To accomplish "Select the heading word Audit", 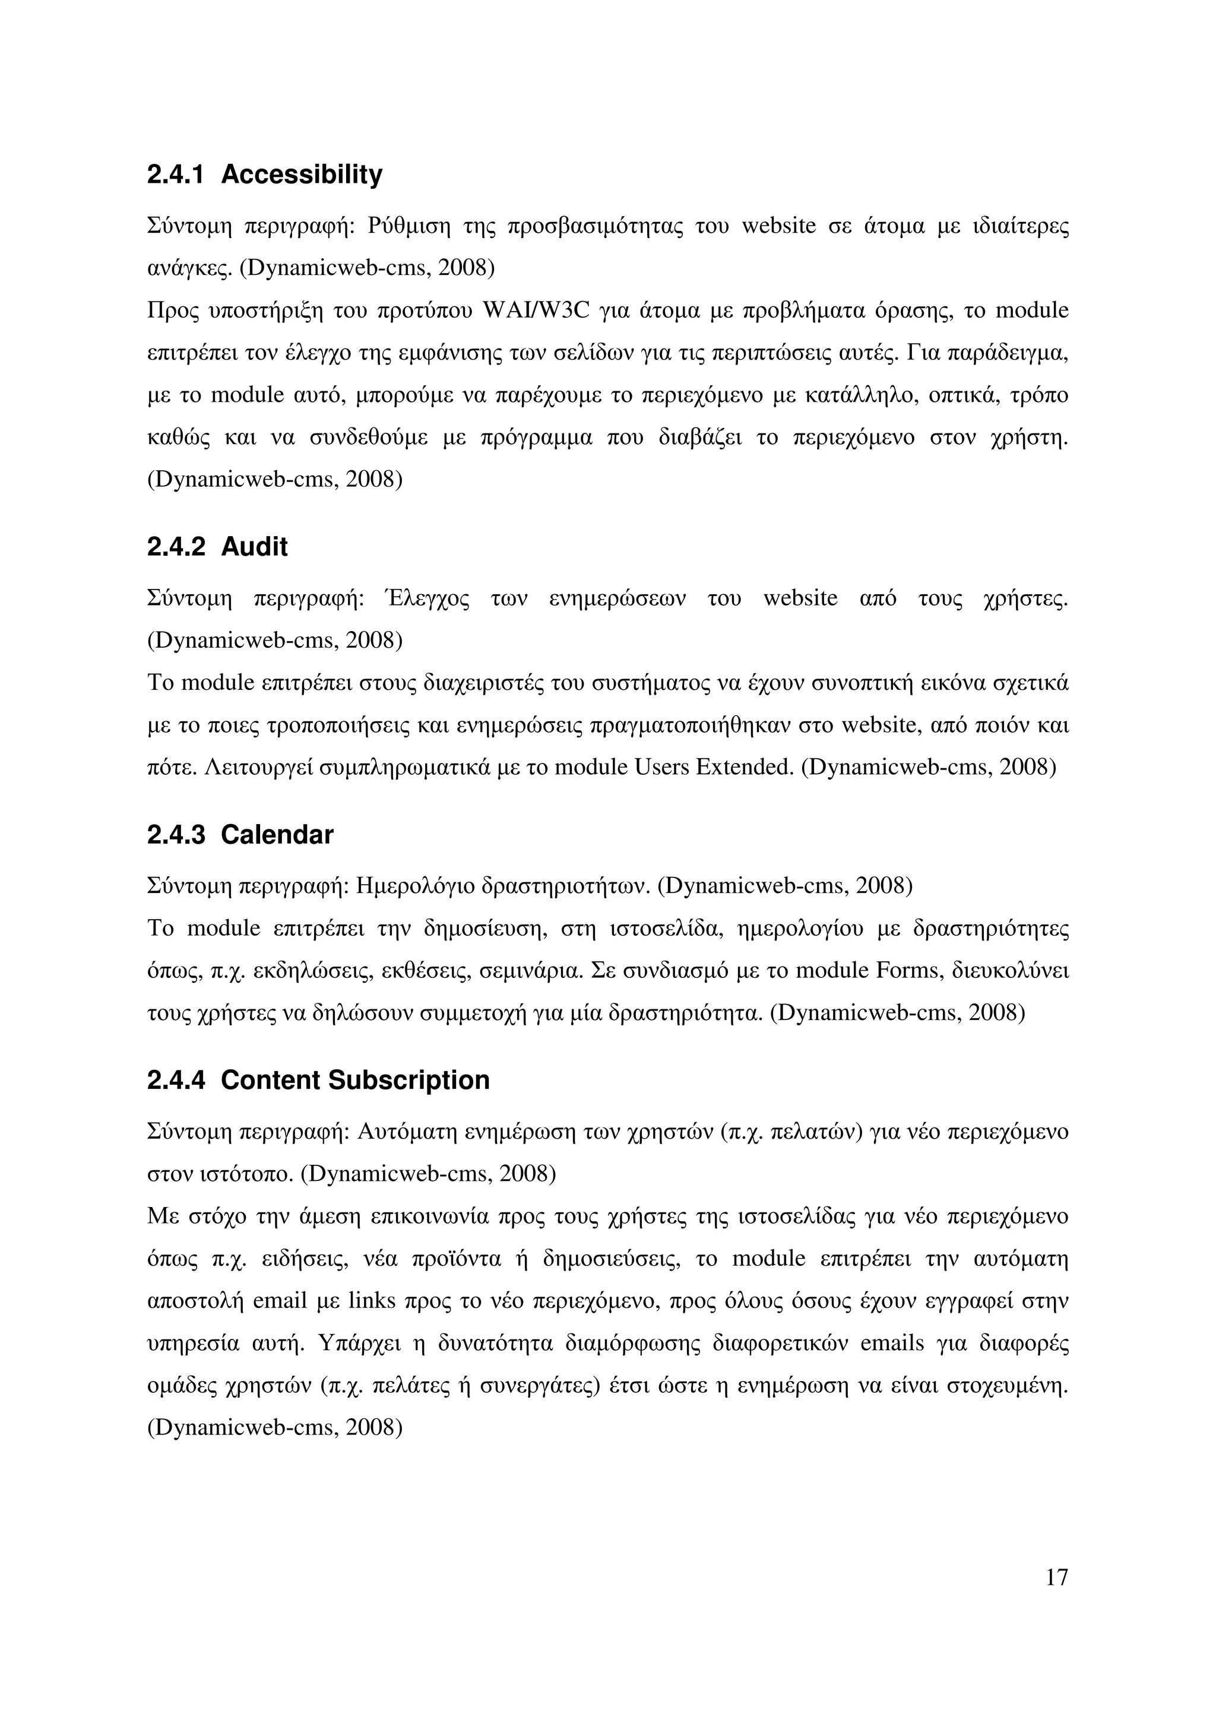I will (x=254, y=547).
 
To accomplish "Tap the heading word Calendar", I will (x=277, y=835).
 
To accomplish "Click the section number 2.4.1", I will (x=176, y=175).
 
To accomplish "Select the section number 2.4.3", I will (x=176, y=835).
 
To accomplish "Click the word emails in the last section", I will (x=892, y=1343).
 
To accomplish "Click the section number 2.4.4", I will (x=176, y=1079).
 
